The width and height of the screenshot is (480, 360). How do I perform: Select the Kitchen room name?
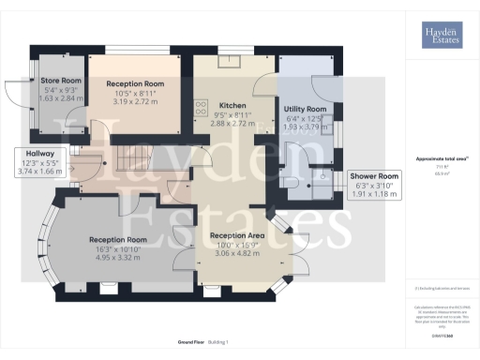point(232,105)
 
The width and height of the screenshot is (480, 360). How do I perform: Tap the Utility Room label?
point(304,109)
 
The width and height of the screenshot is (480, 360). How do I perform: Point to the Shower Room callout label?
point(374,176)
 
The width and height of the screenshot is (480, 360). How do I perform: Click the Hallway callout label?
point(39,154)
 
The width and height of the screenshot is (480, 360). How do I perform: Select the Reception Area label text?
point(235,234)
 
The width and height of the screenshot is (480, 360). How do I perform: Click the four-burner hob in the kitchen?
point(200,108)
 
